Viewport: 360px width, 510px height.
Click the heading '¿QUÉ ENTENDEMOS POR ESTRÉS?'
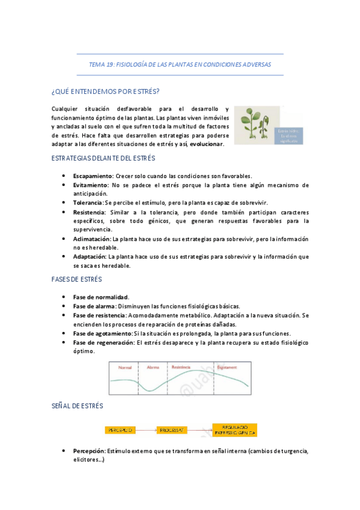[105, 91]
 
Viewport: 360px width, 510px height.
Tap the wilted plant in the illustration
[264, 125]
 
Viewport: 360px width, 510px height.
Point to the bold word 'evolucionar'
[206, 144]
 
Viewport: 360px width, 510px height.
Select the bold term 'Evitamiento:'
[91, 185]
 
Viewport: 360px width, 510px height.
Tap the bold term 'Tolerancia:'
[88, 203]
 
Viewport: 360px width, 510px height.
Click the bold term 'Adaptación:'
[91, 256]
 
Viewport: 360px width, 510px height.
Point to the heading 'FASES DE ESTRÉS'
[77, 280]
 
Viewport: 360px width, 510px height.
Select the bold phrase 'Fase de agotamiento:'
[102, 333]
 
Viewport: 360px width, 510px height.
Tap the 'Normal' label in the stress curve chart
[125, 367]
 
